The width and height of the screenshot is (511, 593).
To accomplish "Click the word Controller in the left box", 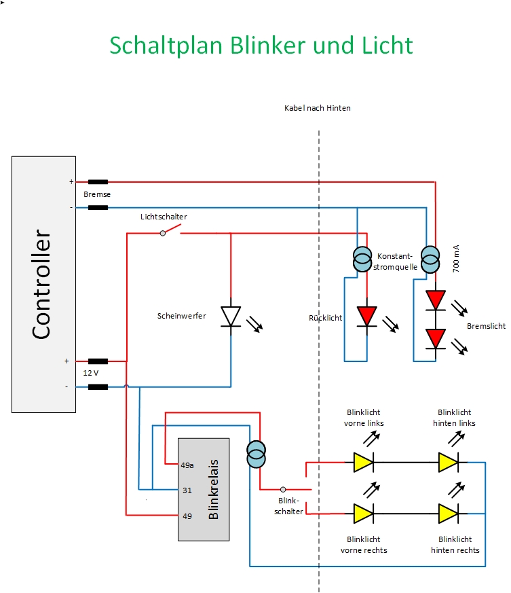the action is pyautogui.click(x=41, y=284).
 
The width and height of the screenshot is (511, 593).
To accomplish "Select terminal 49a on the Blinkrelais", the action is pyautogui.click(x=187, y=465).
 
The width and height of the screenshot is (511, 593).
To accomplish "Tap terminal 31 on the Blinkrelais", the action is pyautogui.click(x=187, y=490).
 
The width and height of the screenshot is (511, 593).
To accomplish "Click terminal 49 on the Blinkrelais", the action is pyautogui.click(x=187, y=516).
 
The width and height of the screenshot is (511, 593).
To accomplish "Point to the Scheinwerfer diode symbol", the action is pyautogui.click(x=231, y=317).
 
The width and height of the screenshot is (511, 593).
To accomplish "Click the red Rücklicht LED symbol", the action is pyautogui.click(x=367, y=317).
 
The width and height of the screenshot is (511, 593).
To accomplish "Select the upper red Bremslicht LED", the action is pyautogui.click(x=436, y=300).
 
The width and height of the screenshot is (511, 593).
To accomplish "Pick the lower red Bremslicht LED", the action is pyautogui.click(x=436, y=339).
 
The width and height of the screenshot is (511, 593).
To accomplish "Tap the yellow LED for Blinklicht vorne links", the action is pyautogui.click(x=364, y=462).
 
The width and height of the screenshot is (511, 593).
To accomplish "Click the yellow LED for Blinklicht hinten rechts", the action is pyautogui.click(x=449, y=514).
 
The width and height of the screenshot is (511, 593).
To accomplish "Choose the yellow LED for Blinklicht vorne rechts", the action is pyautogui.click(x=364, y=514).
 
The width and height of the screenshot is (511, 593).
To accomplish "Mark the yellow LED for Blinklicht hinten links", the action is pyautogui.click(x=449, y=462).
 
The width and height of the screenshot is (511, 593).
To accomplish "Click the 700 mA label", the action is pyautogui.click(x=456, y=259).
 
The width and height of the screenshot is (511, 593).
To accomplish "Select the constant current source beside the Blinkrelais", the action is pyautogui.click(x=257, y=454).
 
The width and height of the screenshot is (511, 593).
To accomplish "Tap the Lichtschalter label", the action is pyautogui.click(x=164, y=217).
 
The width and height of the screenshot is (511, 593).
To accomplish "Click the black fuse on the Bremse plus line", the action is pyautogui.click(x=98, y=182).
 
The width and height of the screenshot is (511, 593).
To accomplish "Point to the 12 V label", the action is pyautogui.click(x=91, y=373).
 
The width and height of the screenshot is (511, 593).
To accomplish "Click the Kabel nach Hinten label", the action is pyautogui.click(x=318, y=108).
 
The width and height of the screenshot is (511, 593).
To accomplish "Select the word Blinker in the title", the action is pyautogui.click(x=267, y=46).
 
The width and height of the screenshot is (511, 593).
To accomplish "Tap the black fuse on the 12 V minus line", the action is pyautogui.click(x=98, y=387).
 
